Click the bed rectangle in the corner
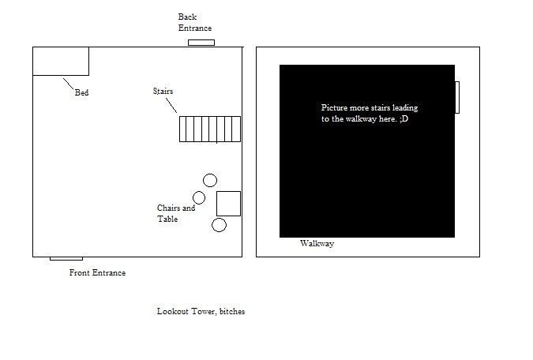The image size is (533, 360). (x=61, y=61)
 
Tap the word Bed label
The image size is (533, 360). (x=81, y=93)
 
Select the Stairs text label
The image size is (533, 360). (x=163, y=92)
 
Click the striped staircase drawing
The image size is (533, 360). (x=209, y=129)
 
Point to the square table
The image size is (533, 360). (x=228, y=203)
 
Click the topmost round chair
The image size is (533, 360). (x=210, y=180)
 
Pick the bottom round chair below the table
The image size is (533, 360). (x=220, y=225)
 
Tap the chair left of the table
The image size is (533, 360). (x=199, y=197)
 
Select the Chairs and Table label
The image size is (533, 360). (x=175, y=213)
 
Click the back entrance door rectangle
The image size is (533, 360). (x=201, y=43)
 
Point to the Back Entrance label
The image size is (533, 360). (x=194, y=22)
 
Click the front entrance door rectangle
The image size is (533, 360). (x=66, y=258)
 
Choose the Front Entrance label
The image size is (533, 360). (x=97, y=273)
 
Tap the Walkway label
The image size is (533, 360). (x=317, y=244)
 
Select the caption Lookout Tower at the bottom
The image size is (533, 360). (x=201, y=312)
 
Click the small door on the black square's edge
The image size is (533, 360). (x=456, y=97)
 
